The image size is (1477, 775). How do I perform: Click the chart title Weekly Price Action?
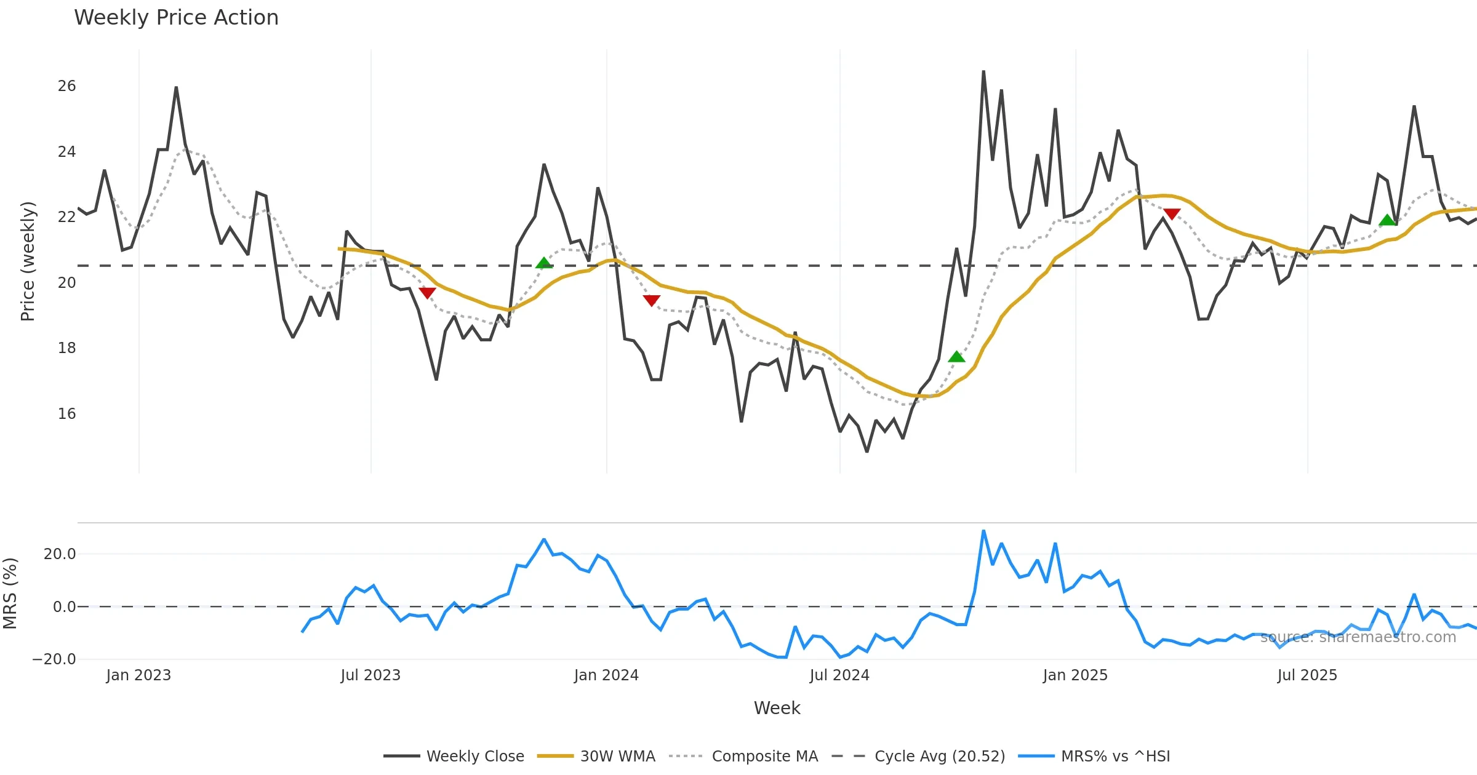click(x=176, y=18)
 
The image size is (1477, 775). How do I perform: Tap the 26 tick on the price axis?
click(x=66, y=86)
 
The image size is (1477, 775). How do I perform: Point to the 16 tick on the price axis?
click(x=66, y=414)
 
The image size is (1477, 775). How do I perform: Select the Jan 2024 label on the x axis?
click(x=606, y=675)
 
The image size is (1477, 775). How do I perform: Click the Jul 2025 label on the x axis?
click(x=1307, y=675)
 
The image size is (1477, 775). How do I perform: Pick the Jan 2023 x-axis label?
click(x=138, y=675)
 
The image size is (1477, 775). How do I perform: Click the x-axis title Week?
click(x=777, y=709)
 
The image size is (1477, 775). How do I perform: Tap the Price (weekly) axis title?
click(x=28, y=261)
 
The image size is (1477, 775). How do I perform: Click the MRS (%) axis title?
click(x=10, y=594)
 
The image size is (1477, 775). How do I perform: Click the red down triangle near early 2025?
click(x=1172, y=214)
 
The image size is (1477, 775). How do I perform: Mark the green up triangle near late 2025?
click(x=1387, y=220)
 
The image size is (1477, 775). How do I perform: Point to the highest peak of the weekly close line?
click(x=983, y=71)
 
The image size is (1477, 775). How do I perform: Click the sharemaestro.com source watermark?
click(x=1358, y=637)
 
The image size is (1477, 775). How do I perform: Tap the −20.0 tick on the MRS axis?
click(x=54, y=659)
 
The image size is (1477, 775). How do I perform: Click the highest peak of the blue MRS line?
click(x=983, y=531)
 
